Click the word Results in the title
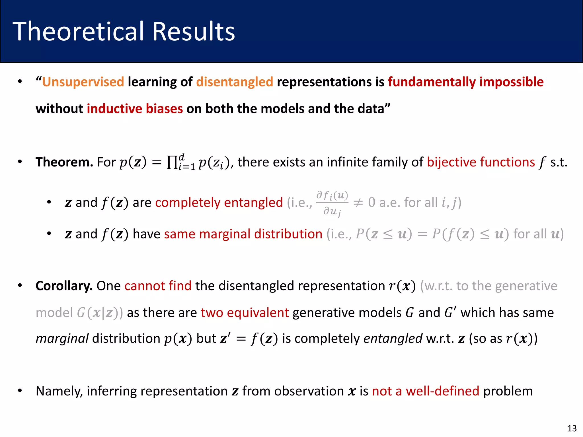coord(194,31)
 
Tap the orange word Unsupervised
coord(83,82)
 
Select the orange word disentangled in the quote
coord(235,82)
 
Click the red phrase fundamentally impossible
coord(466,82)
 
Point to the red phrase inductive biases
coord(135,109)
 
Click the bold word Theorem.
coord(64,162)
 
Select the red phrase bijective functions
coord(481,162)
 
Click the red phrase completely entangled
coord(219,203)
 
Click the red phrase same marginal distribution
coord(243,234)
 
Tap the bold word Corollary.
coord(64,286)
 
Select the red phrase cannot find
coord(158,286)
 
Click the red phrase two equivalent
coord(245,313)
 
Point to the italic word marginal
coord(62,339)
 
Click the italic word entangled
coord(393,339)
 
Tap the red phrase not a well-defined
coord(426,391)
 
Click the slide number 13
coord(572,428)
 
